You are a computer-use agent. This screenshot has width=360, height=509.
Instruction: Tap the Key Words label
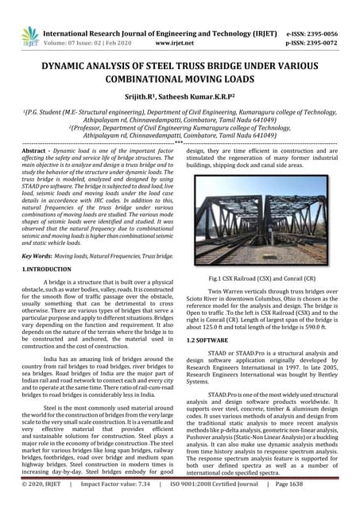(x=38, y=257)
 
